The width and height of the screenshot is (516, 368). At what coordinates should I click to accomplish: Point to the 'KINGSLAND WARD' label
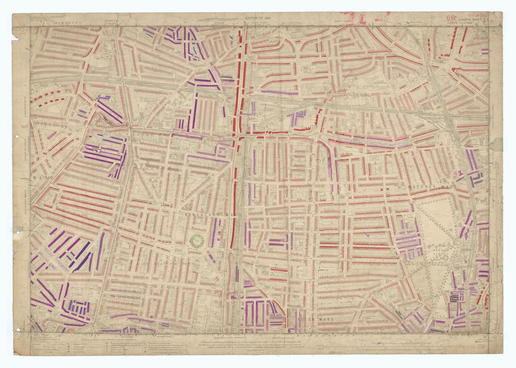pyautogui.click(x=209, y=215)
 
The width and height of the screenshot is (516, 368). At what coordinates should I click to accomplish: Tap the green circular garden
pyautogui.click(x=196, y=241)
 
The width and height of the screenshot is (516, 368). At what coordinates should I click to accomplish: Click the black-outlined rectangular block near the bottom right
pyautogui.click(x=454, y=298)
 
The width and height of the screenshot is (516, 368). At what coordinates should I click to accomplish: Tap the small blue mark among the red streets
pyautogui.click(x=368, y=234)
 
